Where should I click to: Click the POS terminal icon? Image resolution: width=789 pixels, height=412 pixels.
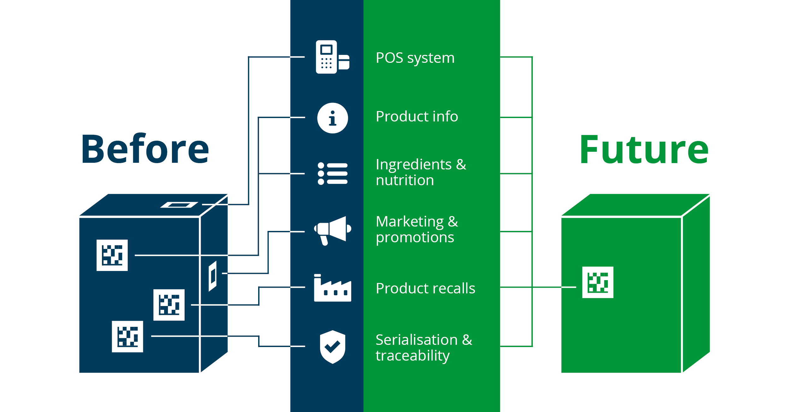pyautogui.click(x=332, y=57)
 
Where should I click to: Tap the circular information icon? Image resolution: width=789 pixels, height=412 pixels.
pyautogui.click(x=332, y=118)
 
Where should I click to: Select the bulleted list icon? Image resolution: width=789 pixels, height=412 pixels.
pyautogui.click(x=332, y=174)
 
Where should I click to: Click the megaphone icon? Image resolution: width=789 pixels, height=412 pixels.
pyautogui.click(x=333, y=230)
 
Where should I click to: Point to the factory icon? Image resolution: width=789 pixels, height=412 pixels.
pyautogui.click(x=332, y=288)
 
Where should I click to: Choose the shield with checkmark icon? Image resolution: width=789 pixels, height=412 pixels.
pyautogui.click(x=332, y=347)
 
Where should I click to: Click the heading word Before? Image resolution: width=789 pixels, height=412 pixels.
pyautogui.click(x=145, y=149)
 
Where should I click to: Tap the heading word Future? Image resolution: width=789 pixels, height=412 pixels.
pyautogui.click(x=644, y=150)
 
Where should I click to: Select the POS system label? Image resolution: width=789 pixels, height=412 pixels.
pyautogui.click(x=415, y=58)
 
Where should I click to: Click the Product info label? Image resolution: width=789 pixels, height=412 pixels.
pyautogui.click(x=417, y=116)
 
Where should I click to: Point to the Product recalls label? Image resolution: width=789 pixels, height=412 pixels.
pyautogui.click(x=425, y=288)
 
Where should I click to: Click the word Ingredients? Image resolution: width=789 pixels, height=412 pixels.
pyautogui.click(x=413, y=165)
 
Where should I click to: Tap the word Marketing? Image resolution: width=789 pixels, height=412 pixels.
pyautogui.click(x=410, y=221)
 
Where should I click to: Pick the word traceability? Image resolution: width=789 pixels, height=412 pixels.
pyautogui.click(x=412, y=356)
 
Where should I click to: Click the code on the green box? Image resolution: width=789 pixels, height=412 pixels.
pyautogui.click(x=597, y=282)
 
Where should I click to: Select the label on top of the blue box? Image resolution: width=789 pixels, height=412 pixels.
pyautogui.click(x=179, y=205)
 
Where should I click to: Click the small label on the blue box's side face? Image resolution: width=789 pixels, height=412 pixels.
pyautogui.click(x=213, y=276)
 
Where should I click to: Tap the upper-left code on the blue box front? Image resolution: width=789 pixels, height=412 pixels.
pyautogui.click(x=112, y=255)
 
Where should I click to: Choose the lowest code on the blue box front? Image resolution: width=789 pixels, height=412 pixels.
pyautogui.click(x=127, y=337)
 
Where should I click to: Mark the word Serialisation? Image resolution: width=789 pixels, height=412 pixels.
pyautogui.click(x=416, y=340)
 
